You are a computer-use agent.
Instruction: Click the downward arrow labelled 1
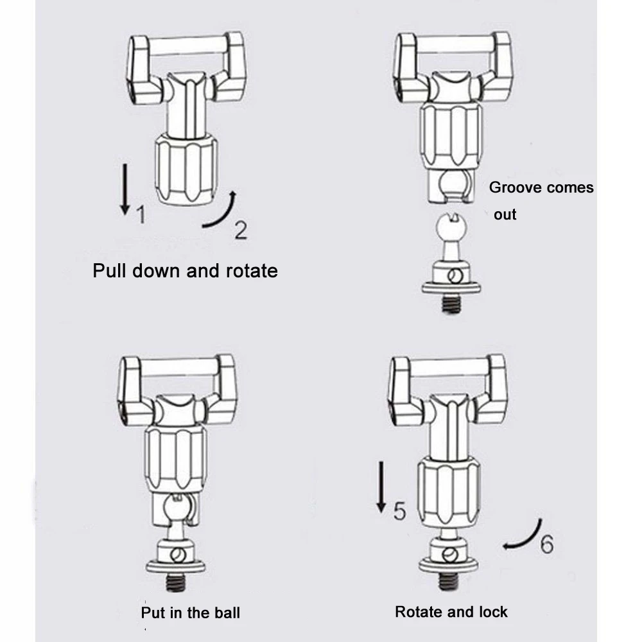point(125,189)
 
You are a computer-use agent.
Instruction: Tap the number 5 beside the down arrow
point(399,511)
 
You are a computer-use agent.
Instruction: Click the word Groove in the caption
point(512,187)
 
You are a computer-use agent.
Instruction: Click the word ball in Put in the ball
point(226,612)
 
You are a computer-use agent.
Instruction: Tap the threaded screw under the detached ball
point(451,304)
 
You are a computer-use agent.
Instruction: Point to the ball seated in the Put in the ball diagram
point(175,507)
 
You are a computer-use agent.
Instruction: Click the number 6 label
point(546,544)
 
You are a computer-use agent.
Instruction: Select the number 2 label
point(241,230)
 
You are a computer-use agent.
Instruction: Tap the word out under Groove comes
point(505,214)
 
